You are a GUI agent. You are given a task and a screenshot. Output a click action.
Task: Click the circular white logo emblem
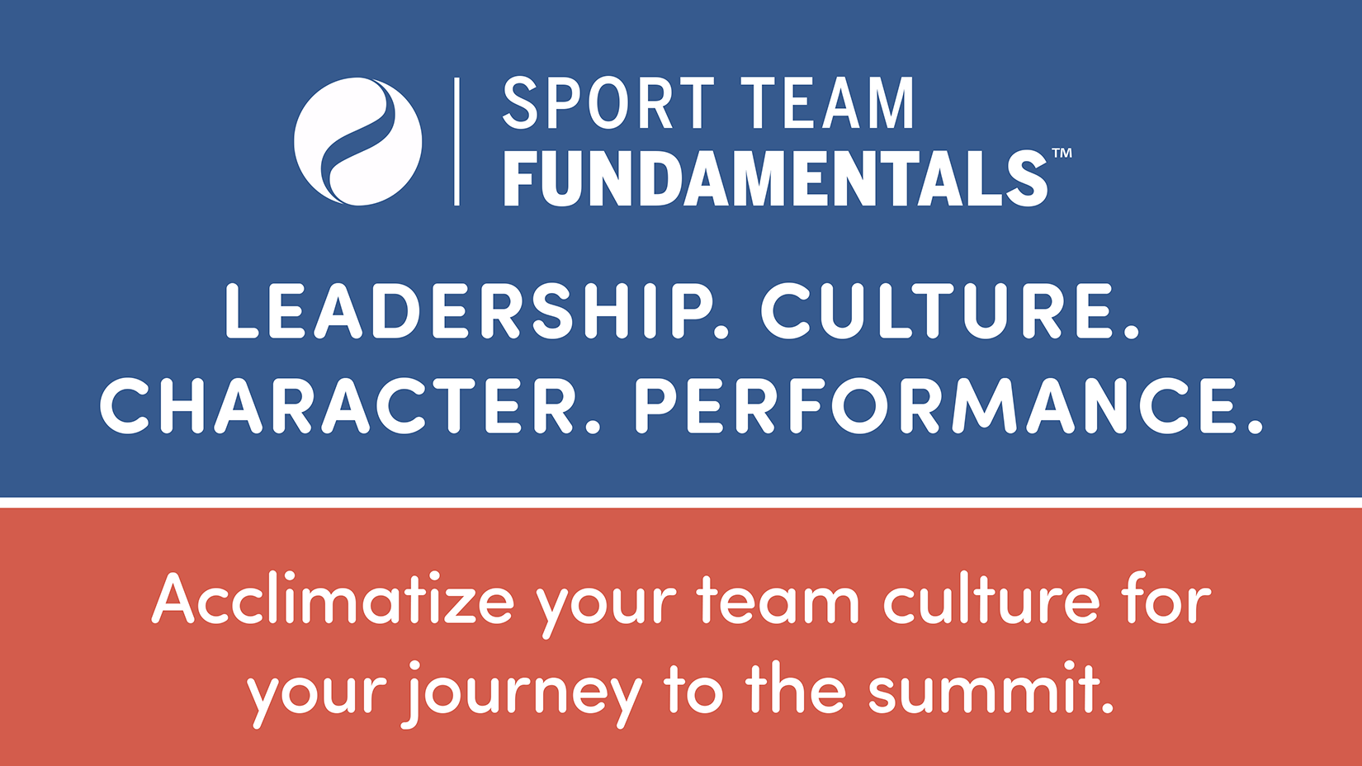pos(357,141)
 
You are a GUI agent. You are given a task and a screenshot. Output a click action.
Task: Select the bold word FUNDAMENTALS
pos(775,179)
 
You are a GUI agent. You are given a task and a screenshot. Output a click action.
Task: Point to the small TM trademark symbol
pos(1062,153)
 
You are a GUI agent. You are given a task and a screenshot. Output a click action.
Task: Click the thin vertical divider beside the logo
pos(456,141)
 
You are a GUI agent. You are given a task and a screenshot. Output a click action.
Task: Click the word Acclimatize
pos(333,598)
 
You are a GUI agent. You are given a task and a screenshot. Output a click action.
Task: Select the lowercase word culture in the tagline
pos(991,598)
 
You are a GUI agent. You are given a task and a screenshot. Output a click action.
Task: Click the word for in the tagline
pos(1167,598)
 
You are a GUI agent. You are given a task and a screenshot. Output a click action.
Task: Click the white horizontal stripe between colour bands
pos(681,502)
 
